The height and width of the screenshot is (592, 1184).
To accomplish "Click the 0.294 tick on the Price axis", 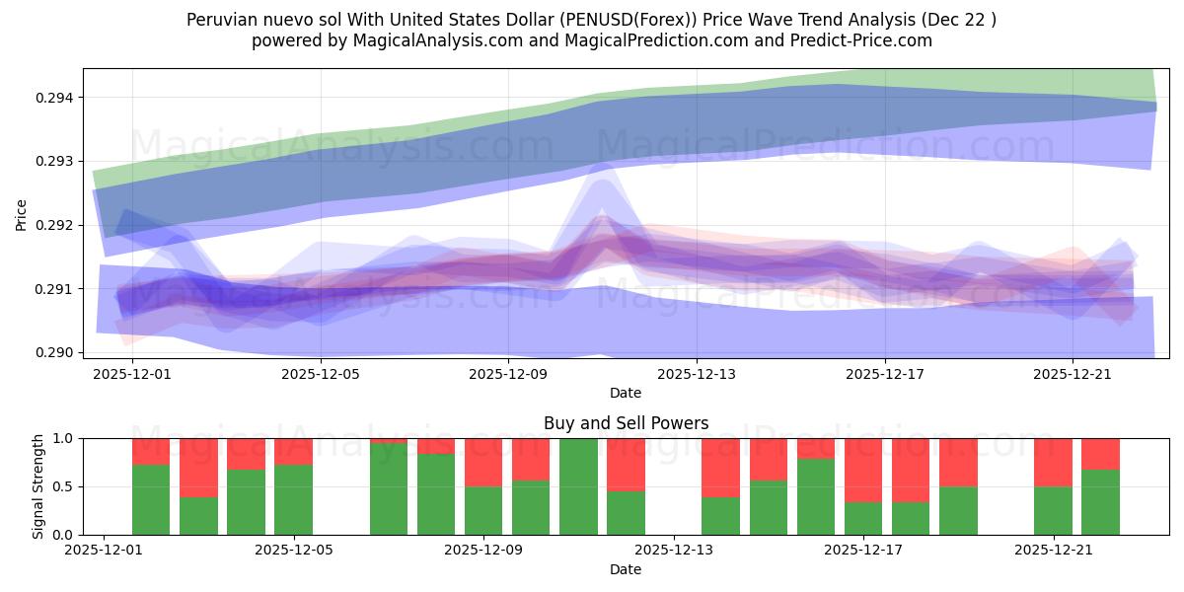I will pos(58,98).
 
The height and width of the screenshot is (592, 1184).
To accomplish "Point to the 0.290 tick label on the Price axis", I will pos(58,352).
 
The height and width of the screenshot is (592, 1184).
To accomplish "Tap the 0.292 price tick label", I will pos(58,225).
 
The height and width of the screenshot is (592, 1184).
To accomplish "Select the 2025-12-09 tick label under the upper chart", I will pos(508,374).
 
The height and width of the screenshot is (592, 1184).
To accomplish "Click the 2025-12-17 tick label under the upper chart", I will pos(885,374).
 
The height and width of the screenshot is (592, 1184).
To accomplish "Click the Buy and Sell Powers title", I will pos(626,423).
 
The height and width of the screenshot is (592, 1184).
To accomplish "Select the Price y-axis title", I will pos(22,215).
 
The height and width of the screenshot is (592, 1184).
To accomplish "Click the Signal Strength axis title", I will pos(37,486).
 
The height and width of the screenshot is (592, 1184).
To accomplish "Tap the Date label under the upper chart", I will pos(626,393).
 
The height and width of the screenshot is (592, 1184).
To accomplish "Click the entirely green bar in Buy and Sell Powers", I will pos(578,486).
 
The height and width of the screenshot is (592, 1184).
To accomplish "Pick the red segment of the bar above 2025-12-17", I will pos(863,470).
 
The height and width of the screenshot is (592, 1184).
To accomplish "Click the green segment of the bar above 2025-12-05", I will pos(293,499).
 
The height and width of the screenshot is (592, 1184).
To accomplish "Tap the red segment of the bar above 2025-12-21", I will pos(1053,462).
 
